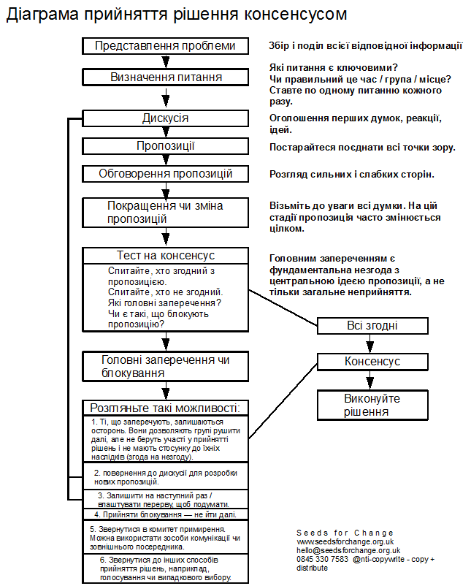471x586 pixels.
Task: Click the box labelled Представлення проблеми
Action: (166, 45)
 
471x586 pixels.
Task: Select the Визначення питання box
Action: (166, 77)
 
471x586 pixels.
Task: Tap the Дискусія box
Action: (166, 118)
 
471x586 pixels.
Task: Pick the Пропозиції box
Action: (166, 146)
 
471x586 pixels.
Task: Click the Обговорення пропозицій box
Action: (166, 174)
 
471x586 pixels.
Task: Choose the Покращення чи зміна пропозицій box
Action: (166, 212)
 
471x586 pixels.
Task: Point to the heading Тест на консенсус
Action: (166, 256)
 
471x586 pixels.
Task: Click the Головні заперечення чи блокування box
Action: (166, 366)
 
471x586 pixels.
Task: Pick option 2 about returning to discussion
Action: (166, 477)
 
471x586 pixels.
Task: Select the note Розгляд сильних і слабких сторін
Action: (352, 174)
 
